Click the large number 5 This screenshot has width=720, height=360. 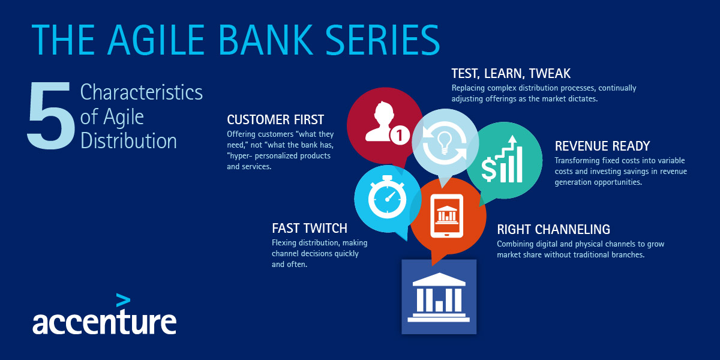click(x=50, y=116)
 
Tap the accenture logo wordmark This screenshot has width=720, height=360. click(x=104, y=322)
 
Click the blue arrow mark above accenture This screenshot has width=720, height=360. click(x=123, y=300)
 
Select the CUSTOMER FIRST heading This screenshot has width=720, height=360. click(x=275, y=120)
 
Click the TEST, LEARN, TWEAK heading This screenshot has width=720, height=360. click(x=511, y=74)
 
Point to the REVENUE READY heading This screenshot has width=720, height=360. click(x=602, y=146)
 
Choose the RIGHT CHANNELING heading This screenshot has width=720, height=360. click(x=553, y=229)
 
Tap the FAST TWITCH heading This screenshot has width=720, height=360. click(x=310, y=229)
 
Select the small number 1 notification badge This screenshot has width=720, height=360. click(x=400, y=136)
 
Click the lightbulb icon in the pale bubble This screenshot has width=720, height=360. click(x=445, y=143)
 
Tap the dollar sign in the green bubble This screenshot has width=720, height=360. click(x=488, y=169)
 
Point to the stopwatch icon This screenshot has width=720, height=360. click(x=387, y=197)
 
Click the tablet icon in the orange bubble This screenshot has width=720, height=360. click(x=447, y=215)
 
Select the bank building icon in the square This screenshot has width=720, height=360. click(x=439, y=298)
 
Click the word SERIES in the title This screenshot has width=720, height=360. click(x=383, y=40)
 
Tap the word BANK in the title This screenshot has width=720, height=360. click(x=265, y=40)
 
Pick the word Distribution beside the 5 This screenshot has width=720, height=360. click(x=128, y=141)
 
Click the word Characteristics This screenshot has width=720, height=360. click(x=142, y=92)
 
